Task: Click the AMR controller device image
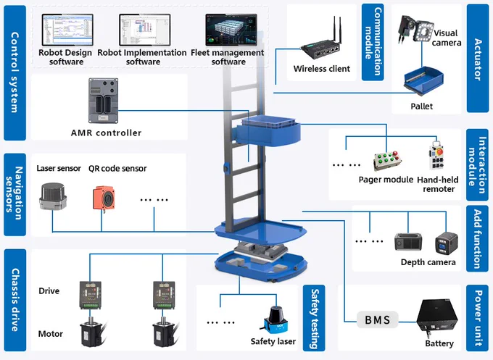coord(103,101)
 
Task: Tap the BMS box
coord(377,319)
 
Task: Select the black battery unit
coord(436,318)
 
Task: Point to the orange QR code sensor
coord(104,198)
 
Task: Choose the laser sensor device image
coord(53,196)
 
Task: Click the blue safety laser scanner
coord(275,319)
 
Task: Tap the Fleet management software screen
coord(231,30)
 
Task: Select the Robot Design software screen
coord(67,30)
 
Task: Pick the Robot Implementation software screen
coord(145,30)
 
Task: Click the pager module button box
coord(387,161)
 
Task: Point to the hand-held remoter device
coord(436,156)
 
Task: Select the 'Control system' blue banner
coord(14,72)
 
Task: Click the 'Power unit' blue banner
coord(478,317)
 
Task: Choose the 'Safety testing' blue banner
coord(314,318)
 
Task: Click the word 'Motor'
coord(51,334)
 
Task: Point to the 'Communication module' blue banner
coord(373,42)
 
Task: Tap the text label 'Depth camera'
coord(428,262)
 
